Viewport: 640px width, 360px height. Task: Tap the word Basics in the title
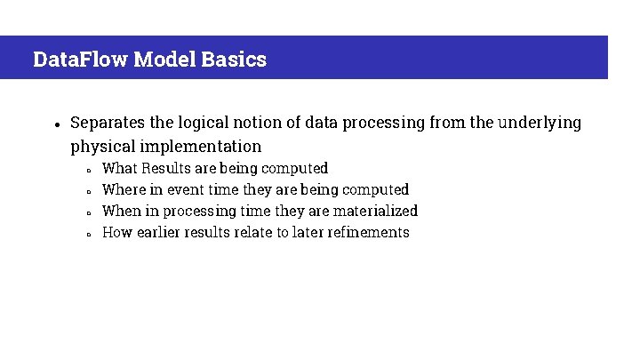tap(234, 60)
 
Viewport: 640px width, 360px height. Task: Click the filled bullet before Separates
tap(55, 124)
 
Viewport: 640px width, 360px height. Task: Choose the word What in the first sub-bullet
tap(119, 168)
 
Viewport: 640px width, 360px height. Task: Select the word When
tap(121, 211)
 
